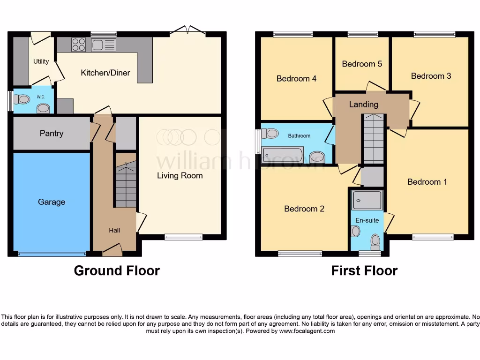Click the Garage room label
(52, 202)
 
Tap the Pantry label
(52, 134)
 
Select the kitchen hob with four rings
(78, 45)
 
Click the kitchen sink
(104, 45)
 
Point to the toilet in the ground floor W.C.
(22, 99)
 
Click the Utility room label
(41, 61)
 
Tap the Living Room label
(180, 176)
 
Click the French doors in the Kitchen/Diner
(187, 31)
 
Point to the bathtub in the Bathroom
(283, 155)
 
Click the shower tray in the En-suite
(367, 200)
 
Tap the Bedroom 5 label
(361, 64)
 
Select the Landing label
(363, 105)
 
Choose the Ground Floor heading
(117, 271)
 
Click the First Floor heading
(364, 271)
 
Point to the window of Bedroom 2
(300, 254)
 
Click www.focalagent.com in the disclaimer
(307, 331)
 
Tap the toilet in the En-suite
(375, 241)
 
